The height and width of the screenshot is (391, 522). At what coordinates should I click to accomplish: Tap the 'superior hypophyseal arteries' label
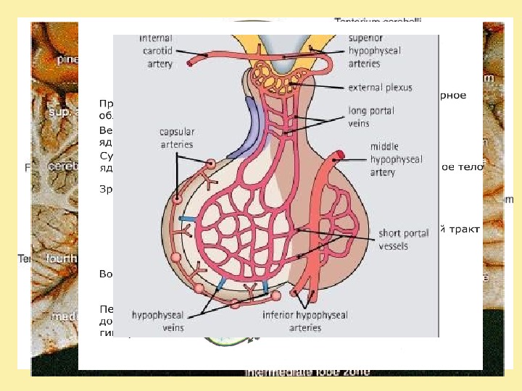pyautogui.click(x=373, y=51)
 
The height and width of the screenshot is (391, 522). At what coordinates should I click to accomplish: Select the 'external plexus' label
pyautogui.click(x=380, y=88)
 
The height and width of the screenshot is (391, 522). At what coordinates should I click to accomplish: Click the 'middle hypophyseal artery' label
pyautogui.click(x=394, y=159)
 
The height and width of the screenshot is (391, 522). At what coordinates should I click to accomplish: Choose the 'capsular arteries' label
pyautogui.click(x=177, y=138)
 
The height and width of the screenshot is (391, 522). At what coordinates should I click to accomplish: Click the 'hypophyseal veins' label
pyautogui.click(x=158, y=321)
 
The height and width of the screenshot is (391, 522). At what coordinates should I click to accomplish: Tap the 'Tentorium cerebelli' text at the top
pyautogui.click(x=378, y=21)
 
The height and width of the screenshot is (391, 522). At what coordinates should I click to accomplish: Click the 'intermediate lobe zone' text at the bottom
pyautogui.click(x=307, y=371)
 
